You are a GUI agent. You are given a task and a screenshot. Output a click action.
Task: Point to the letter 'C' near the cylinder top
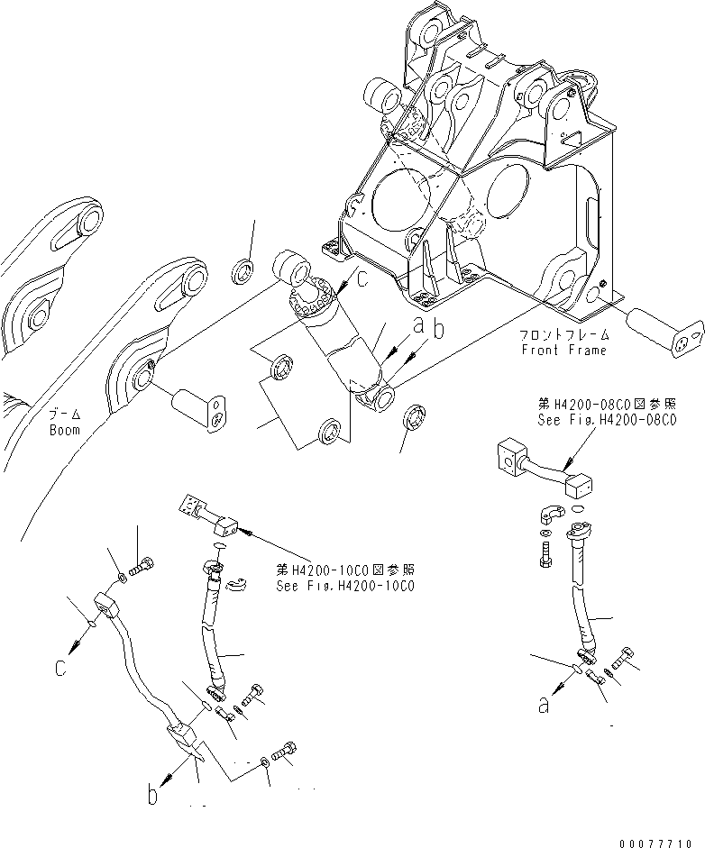point(362,280)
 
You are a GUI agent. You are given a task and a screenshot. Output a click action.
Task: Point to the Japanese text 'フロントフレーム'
point(563,336)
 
